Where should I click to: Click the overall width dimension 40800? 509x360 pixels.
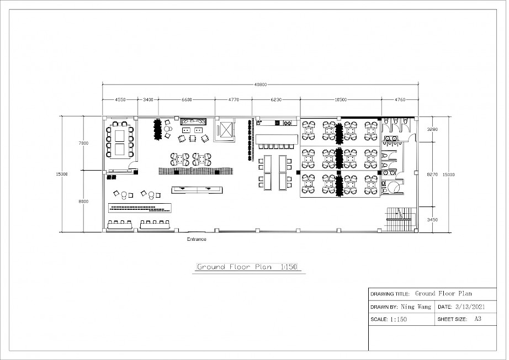261,84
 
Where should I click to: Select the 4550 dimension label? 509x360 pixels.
120,99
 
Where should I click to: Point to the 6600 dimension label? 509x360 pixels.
187,99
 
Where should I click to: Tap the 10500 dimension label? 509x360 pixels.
341,99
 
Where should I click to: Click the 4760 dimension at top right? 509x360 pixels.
400,99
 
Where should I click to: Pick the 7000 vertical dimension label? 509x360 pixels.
83,143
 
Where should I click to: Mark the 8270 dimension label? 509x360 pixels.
432,174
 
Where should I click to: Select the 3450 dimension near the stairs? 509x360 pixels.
432,220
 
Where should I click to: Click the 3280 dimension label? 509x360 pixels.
432,129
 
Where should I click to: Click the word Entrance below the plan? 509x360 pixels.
197,239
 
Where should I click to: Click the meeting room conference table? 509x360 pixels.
119,142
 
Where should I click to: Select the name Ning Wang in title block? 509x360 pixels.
416,307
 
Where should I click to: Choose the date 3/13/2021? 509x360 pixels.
470,307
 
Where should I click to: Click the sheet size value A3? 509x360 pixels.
478,319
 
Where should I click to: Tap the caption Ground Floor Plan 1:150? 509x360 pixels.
247,267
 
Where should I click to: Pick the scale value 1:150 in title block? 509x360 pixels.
398,320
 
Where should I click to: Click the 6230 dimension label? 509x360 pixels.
276,99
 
